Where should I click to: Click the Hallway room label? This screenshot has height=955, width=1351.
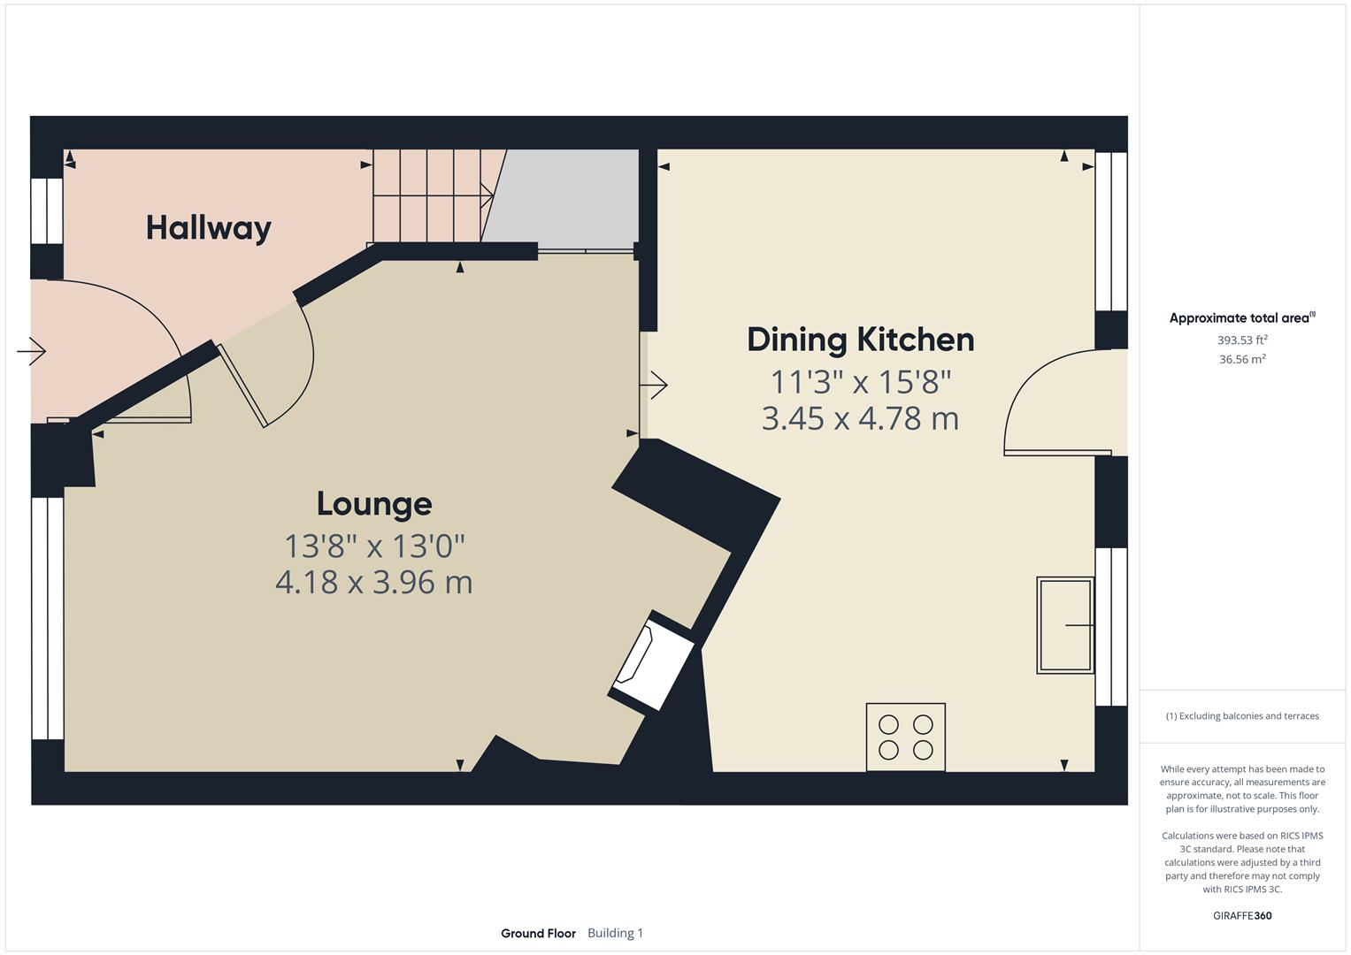[x=208, y=228]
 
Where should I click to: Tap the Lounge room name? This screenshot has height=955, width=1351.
[x=374, y=504]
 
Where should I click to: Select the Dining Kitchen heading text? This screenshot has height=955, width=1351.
[x=860, y=340]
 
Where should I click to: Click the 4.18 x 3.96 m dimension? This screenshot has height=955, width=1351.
[x=373, y=583]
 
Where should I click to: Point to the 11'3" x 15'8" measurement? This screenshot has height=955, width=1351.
[x=860, y=382]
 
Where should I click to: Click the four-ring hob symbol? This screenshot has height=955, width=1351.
[x=905, y=737]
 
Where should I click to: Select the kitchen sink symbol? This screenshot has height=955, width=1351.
[x=1064, y=625]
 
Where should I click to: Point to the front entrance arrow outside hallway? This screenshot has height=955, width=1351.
[x=32, y=352]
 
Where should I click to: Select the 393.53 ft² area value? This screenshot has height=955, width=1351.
[x=1242, y=340]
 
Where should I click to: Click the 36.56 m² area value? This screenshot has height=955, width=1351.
[x=1242, y=359]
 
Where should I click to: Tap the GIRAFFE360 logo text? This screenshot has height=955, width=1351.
[x=1242, y=915]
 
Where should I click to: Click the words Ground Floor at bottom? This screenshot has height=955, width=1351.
[x=538, y=933]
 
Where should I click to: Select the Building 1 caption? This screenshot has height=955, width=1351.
[x=615, y=933]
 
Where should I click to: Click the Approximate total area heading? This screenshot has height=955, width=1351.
[x=1241, y=318]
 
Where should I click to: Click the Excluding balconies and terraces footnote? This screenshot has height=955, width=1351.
[x=1242, y=716]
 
